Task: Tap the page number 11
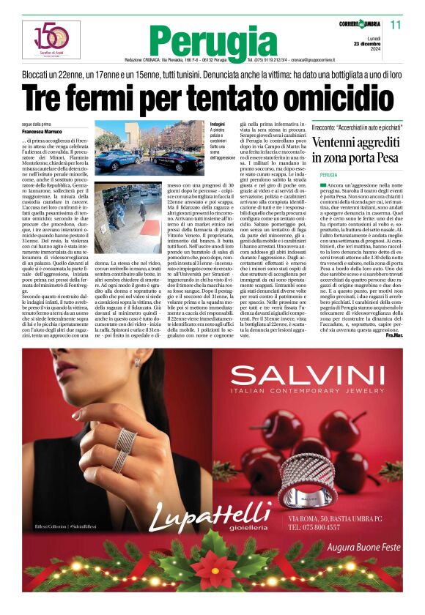[395, 25]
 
